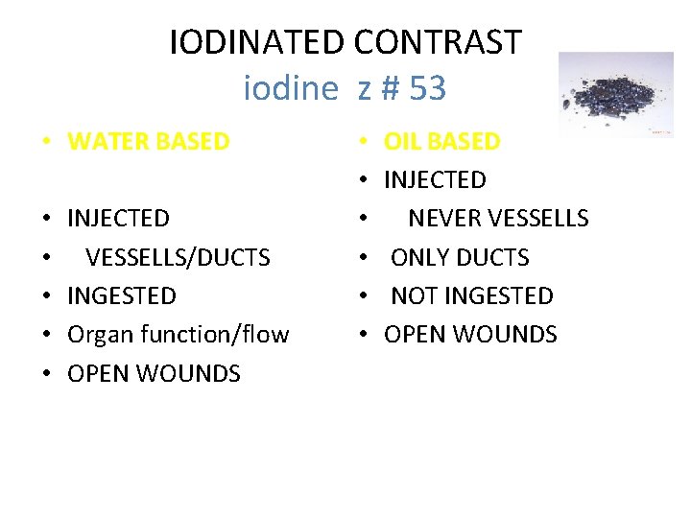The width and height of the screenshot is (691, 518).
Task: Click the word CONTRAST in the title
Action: [x=438, y=42]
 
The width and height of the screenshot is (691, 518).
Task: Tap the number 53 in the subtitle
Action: [x=427, y=89]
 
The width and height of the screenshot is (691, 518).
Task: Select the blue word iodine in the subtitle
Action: [x=291, y=89]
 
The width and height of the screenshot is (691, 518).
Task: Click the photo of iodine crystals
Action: [x=616, y=94]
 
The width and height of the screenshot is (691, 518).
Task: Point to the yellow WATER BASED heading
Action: [x=149, y=142]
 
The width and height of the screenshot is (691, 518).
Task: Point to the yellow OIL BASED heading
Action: [x=442, y=142]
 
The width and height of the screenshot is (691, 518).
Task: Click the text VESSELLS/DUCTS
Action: [x=178, y=257]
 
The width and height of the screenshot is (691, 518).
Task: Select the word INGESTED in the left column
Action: [x=122, y=295]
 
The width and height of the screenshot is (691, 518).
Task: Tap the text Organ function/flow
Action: [x=178, y=335]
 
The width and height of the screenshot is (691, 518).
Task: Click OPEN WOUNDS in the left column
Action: [x=154, y=373]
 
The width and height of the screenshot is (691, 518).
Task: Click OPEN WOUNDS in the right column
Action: [x=470, y=335]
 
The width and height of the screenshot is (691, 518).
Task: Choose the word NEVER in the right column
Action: [x=445, y=219]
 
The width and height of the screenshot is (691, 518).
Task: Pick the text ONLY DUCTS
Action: [x=460, y=257]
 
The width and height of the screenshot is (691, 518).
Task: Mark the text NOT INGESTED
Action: [x=471, y=295]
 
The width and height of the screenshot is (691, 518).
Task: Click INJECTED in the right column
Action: [x=435, y=180]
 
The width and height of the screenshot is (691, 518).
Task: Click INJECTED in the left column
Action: [x=118, y=219]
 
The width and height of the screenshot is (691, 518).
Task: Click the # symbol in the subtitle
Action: [x=388, y=89]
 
